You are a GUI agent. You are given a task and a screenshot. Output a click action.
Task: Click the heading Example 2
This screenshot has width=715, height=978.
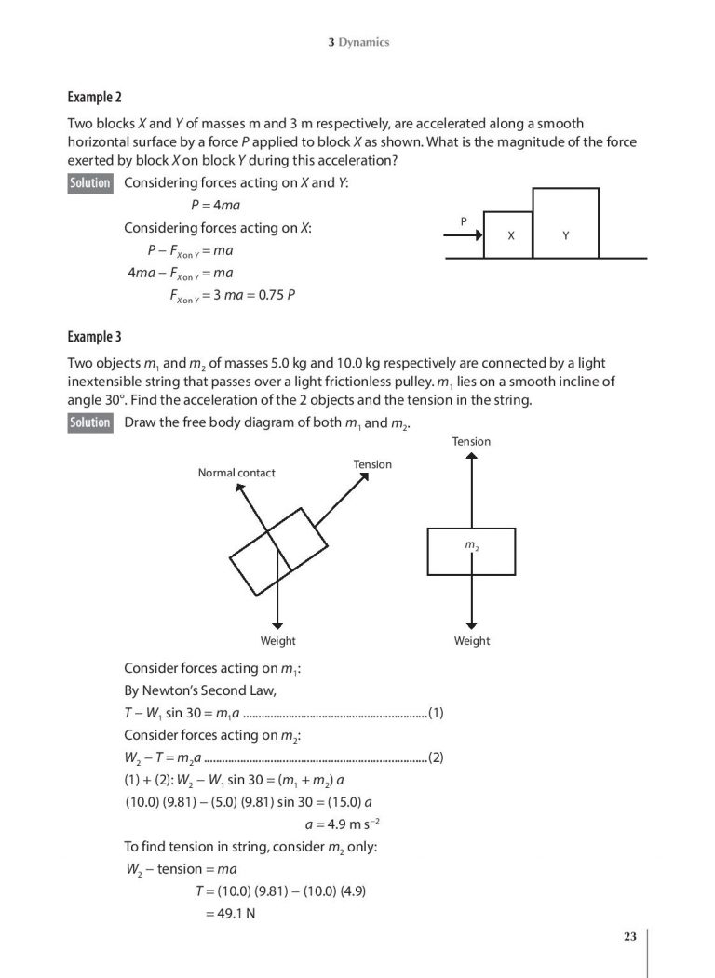click(x=94, y=97)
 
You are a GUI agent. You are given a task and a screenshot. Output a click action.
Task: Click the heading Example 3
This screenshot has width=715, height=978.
click(x=94, y=336)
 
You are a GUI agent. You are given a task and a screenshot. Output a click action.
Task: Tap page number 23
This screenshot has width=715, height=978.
click(x=630, y=937)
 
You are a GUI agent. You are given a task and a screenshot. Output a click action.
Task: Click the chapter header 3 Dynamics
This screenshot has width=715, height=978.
click(x=358, y=42)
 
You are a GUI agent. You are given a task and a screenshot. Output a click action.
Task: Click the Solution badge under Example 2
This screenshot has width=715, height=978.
click(x=90, y=183)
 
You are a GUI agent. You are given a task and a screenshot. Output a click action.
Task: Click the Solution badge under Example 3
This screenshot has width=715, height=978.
click(x=90, y=423)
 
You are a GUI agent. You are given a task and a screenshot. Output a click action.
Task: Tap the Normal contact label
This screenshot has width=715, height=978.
click(x=236, y=473)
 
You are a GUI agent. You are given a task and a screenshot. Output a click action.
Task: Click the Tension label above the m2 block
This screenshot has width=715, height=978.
click(x=471, y=441)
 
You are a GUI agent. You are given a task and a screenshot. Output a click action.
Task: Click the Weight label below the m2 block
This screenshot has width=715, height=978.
click(x=471, y=641)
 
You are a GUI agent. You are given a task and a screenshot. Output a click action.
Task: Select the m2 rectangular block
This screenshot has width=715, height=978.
click(x=471, y=551)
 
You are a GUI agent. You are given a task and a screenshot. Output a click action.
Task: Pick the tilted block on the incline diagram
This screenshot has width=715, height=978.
click(x=278, y=551)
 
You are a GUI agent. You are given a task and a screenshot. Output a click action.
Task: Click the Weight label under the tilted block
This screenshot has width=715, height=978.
click(x=277, y=641)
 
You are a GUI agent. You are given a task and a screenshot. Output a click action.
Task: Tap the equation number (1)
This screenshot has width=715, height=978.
click(x=435, y=715)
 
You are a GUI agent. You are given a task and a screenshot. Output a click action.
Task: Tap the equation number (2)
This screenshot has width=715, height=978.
click(x=435, y=757)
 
